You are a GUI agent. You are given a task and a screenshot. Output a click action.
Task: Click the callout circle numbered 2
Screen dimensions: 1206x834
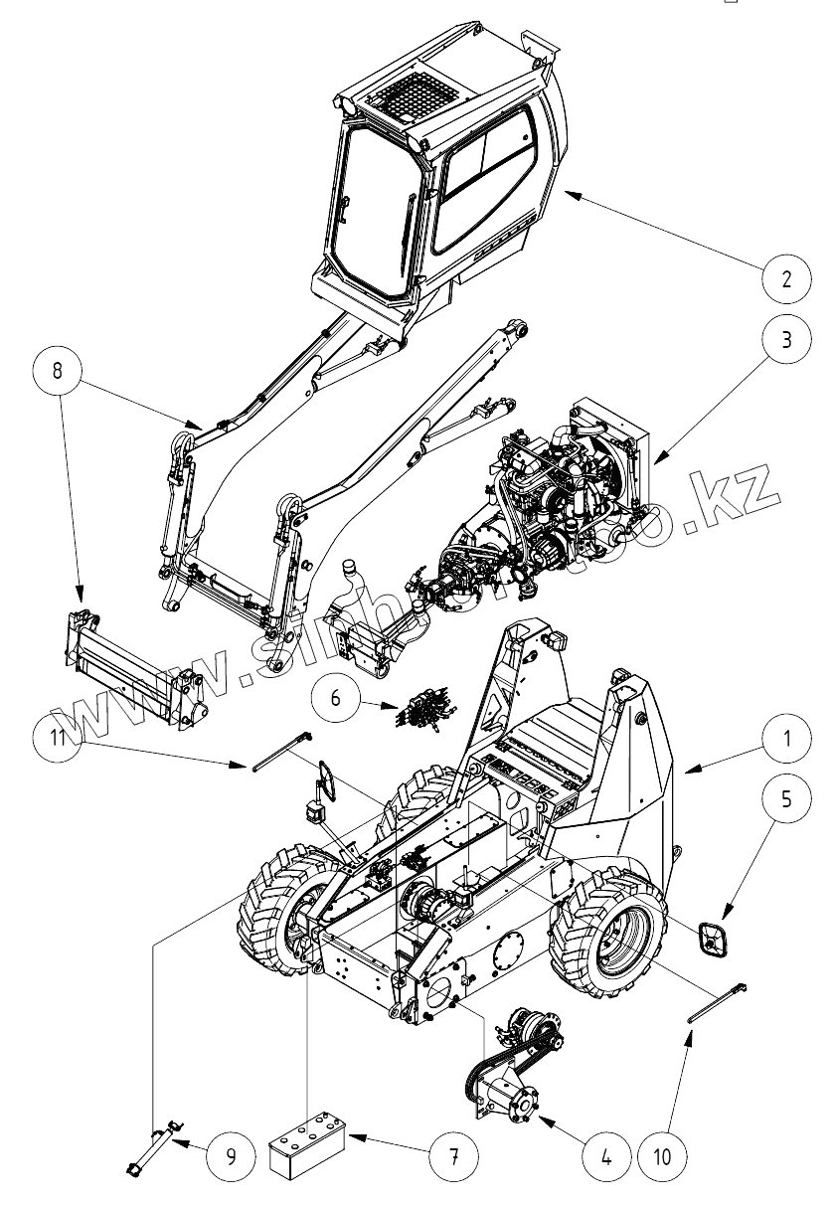pyautogui.click(x=786, y=279)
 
